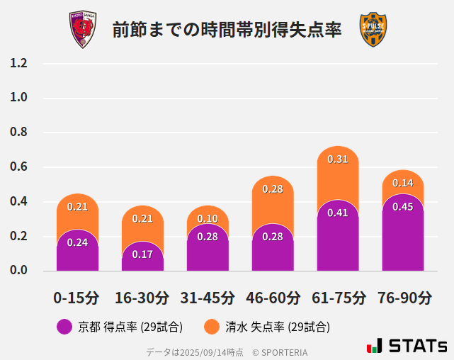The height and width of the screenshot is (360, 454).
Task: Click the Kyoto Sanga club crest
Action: point(82,30)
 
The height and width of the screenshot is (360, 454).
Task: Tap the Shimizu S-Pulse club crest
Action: point(373,30)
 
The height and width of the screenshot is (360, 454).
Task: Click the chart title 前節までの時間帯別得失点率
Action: point(227,30)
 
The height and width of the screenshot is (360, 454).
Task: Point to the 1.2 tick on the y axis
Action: point(19,63)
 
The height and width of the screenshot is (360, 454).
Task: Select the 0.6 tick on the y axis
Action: point(19,167)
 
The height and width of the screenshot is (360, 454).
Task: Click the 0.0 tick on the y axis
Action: point(19,271)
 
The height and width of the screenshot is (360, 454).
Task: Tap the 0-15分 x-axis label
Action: point(76,298)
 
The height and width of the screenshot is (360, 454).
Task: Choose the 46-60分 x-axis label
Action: point(273,298)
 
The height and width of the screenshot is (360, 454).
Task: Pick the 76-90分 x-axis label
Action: point(403,298)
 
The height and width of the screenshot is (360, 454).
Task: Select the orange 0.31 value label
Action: point(338,159)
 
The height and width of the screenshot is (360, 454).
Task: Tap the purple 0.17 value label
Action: point(142,254)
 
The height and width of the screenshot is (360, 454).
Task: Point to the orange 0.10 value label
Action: point(208,218)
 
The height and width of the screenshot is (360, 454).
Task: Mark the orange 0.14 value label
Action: point(403,183)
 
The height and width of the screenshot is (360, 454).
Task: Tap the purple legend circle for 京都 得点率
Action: point(64,327)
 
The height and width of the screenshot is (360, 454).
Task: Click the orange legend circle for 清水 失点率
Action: point(211,327)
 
